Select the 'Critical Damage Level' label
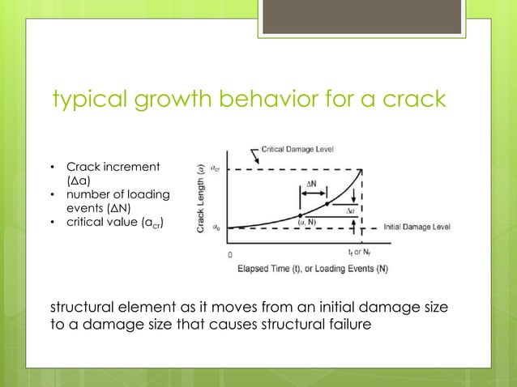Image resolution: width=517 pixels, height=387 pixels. (297, 151)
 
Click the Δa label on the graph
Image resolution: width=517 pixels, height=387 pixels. (349, 210)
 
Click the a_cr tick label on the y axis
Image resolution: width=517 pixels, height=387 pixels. (215, 168)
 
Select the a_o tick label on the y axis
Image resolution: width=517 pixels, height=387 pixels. (215, 228)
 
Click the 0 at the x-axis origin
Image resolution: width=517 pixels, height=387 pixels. (230, 253)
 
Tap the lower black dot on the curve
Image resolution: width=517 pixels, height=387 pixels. (301, 215)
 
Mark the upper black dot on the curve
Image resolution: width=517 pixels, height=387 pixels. (327, 203)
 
